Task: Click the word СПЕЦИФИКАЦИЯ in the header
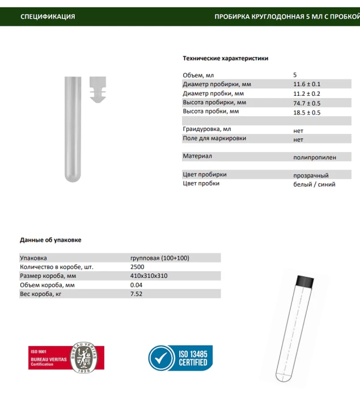48,16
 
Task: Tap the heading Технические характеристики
225,58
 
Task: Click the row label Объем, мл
198,75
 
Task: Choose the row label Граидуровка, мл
207,129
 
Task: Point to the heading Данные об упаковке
50,240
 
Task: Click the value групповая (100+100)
159,258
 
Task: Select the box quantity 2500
137,267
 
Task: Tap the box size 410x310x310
149,276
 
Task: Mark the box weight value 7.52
137,294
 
